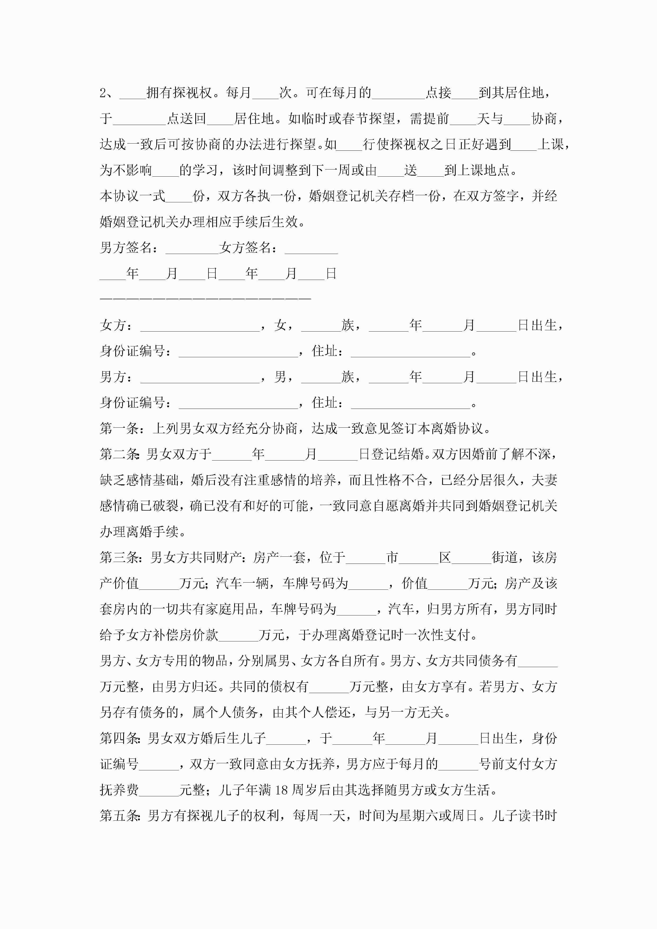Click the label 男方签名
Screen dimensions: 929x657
click(126, 248)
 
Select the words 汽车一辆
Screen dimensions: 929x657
click(242, 583)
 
